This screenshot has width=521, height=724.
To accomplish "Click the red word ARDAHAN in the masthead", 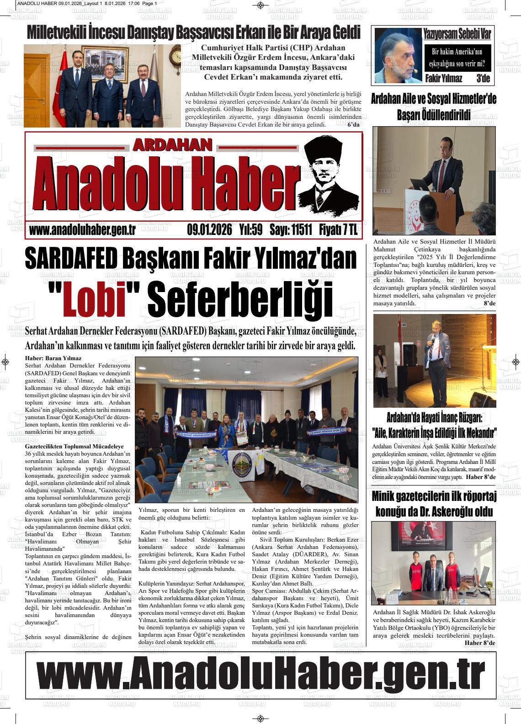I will [173, 145].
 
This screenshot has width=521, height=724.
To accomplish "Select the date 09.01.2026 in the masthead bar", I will [210, 230].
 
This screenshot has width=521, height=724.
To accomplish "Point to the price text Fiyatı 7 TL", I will [338, 230].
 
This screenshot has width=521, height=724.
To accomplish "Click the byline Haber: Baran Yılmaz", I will [53, 359].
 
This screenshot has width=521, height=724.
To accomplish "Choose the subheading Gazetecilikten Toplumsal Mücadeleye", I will [74, 446].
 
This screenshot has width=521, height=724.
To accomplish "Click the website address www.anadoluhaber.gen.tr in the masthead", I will [82, 230].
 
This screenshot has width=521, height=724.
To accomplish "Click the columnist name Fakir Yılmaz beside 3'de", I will [443, 79].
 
